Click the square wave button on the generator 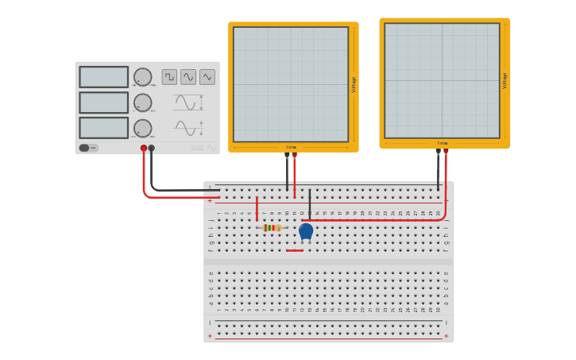click(x=169, y=76)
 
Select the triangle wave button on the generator click(x=207, y=76)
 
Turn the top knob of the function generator click(x=142, y=77)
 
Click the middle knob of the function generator click(x=142, y=103)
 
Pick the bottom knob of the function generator click(x=142, y=128)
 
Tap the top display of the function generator click(x=103, y=77)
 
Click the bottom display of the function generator click(x=103, y=128)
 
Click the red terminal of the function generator click(x=144, y=148)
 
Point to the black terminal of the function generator click(x=152, y=148)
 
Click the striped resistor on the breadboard click(x=272, y=228)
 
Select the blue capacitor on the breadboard click(x=306, y=230)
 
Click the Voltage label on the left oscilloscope click(x=354, y=84)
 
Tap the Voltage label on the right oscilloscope click(x=504, y=80)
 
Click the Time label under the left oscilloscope click(x=291, y=147)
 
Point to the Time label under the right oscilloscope click(x=442, y=144)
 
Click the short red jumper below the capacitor click(x=295, y=250)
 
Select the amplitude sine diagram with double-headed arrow click(x=188, y=103)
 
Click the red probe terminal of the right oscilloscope click(x=446, y=151)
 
